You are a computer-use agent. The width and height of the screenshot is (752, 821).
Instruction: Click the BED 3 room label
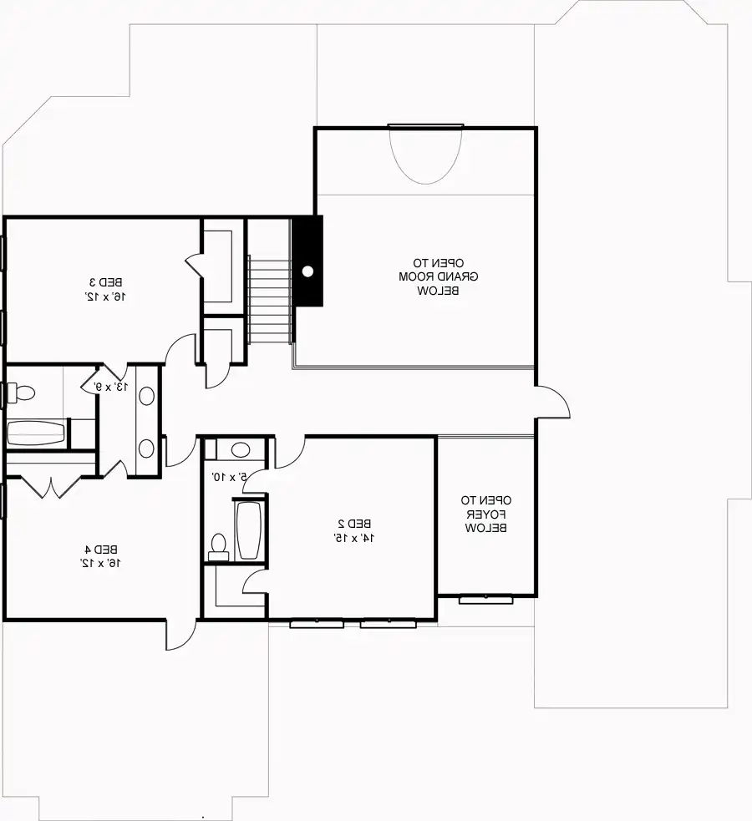(107, 283)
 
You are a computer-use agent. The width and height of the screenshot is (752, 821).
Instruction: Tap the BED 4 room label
(101, 550)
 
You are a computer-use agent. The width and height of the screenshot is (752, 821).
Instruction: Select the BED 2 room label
(354, 523)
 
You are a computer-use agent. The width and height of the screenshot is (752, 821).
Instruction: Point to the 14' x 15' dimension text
(354, 537)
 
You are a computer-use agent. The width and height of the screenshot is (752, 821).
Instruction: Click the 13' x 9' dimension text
(110, 387)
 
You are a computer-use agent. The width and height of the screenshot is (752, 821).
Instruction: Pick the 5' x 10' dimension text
(230, 476)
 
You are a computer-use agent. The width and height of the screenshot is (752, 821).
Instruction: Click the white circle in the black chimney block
(308, 271)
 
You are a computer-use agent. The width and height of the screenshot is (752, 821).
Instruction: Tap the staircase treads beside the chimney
(269, 299)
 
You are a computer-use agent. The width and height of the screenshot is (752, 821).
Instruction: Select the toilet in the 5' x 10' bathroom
(218, 547)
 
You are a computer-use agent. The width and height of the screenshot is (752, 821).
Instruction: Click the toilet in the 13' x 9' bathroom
(21, 393)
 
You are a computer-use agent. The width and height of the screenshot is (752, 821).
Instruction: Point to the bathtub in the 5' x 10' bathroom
(248, 530)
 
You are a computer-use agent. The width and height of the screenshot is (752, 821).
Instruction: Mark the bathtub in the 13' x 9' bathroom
(36, 433)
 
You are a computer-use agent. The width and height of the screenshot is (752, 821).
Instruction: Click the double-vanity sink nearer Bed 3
(146, 397)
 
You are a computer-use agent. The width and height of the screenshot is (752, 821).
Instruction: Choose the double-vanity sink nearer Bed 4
(146, 449)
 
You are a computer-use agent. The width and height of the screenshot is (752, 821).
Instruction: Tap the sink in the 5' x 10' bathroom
(241, 449)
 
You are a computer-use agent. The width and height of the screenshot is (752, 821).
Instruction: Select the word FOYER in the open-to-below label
(486, 514)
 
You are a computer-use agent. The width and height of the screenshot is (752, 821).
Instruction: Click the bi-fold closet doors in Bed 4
(51, 487)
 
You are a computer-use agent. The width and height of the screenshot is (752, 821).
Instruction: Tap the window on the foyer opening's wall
(486, 599)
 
